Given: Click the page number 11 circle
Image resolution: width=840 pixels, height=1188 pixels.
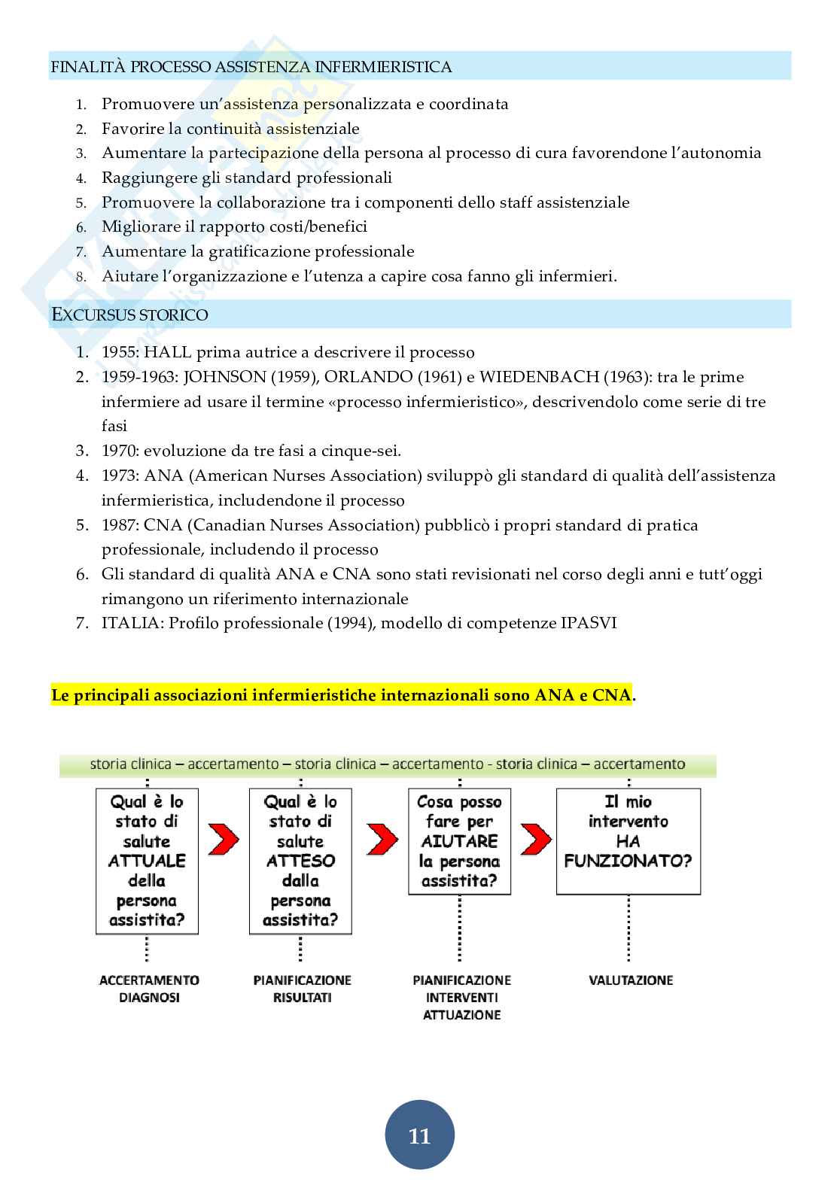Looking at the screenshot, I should pos(419,1135).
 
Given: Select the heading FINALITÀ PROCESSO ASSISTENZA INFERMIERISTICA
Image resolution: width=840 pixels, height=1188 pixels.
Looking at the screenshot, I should pos(251,67).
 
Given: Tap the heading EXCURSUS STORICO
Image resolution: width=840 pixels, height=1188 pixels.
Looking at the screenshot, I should pos(129,314).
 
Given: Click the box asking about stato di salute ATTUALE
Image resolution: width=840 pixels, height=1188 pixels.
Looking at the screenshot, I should pos(148,861).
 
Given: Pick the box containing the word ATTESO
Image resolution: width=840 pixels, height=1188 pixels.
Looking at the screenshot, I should pos(300,861).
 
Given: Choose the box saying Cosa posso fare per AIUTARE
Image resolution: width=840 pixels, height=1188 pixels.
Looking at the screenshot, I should pos(459,841).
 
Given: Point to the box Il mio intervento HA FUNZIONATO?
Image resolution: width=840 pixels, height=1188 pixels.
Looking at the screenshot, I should pos(628,841).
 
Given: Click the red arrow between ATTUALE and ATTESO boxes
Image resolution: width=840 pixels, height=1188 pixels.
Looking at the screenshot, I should pos(224,838).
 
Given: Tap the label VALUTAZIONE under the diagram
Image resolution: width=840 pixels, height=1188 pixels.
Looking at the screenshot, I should pos(631,980).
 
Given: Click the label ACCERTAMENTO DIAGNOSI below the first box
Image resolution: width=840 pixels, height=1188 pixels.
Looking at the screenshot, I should pos(149,989).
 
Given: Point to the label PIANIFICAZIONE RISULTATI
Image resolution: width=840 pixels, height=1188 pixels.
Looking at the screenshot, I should pos(303,989).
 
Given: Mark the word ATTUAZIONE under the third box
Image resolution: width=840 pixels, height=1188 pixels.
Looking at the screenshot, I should pos(462,1015).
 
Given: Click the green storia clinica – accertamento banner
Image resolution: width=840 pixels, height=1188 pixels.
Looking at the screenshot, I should pos(388,764).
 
